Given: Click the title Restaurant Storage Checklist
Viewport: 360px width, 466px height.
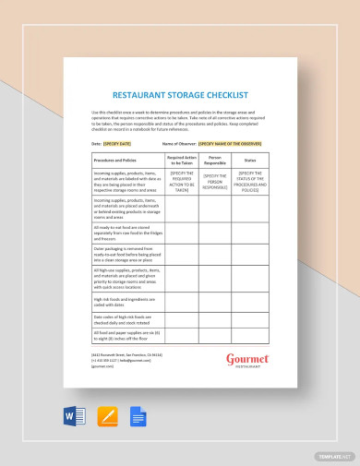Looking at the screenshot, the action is (180, 94).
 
